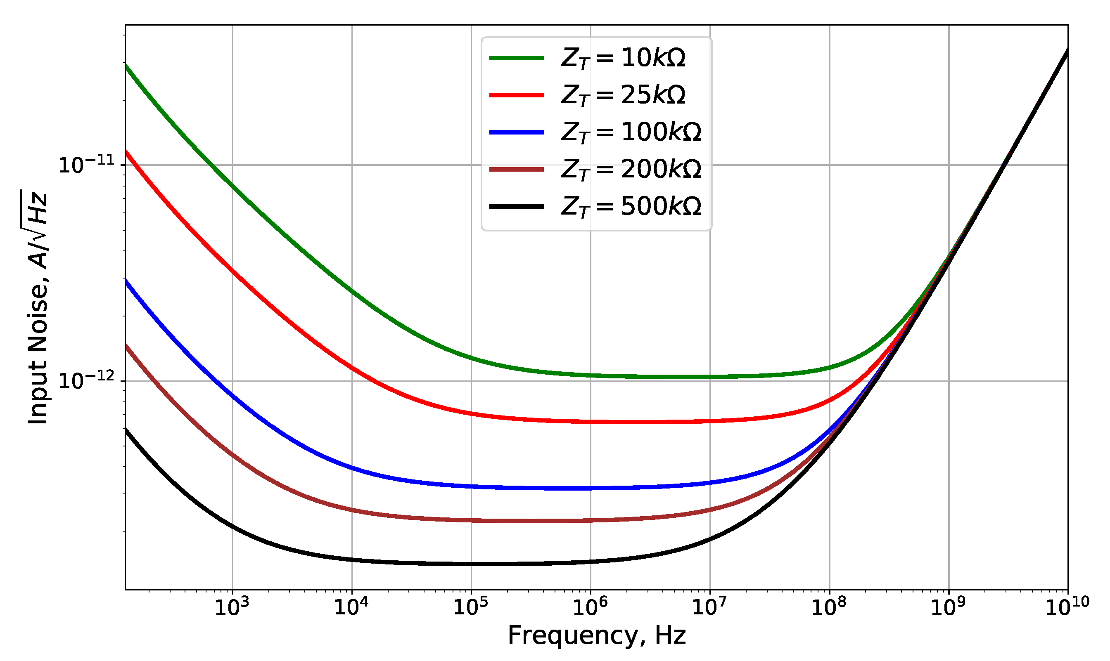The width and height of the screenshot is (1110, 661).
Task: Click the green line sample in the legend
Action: (516, 58)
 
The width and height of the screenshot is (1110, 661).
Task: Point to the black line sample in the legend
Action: (516, 206)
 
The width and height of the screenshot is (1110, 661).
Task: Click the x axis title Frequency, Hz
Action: (596, 635)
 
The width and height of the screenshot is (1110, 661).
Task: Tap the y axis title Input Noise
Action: (38, 307)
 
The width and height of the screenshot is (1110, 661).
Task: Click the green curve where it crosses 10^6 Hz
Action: (591, 375)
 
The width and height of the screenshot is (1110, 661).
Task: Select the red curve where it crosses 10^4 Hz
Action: (352, 368)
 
